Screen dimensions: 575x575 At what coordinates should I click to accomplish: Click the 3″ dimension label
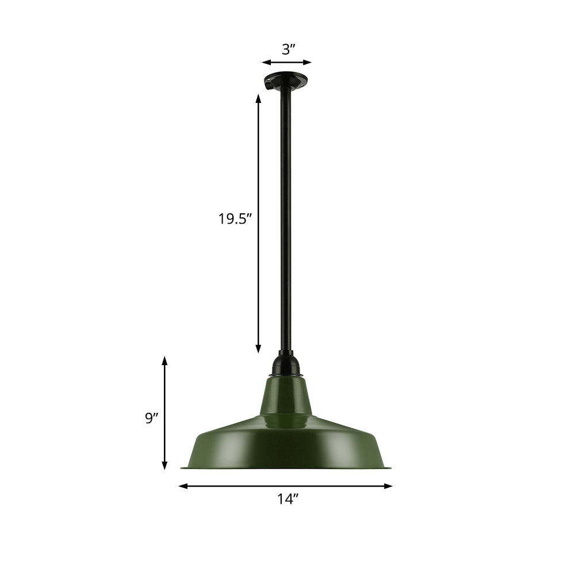pyautogui.click(x=287, y=49)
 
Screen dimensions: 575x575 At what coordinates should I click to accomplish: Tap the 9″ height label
pyautogui.click(x=151, y=418)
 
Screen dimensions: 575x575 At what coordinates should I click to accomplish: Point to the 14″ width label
pyautogui.click(x=287, y=499)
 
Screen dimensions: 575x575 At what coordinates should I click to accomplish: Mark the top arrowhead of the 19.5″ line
pyautogui.click(x=258, y=98)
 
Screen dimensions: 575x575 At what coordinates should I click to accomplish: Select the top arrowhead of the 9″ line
pyautogui.click(x=164, y=360)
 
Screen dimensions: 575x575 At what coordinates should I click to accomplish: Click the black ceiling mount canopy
pyautogui.click(x=286, y=82)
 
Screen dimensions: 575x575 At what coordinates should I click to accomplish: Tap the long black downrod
pyautogui.click(x=286, y=218)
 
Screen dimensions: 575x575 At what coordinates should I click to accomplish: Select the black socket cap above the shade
pyautogui.click(x=286, y=365)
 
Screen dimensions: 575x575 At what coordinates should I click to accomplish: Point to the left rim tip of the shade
pyautogui.click(x=183, y=467)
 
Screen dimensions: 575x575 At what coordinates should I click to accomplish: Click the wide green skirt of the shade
pyautogui.click(x=286, y=446)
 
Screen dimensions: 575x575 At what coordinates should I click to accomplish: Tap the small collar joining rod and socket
pyautogui.click(x=286, y=352)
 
